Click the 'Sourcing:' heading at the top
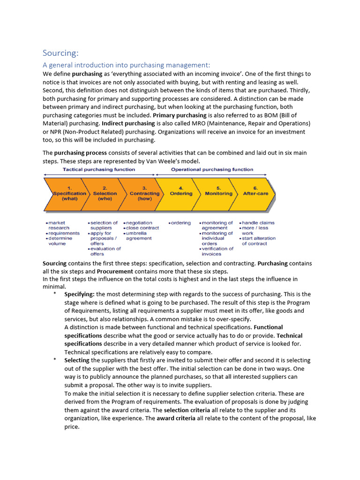(61, 52)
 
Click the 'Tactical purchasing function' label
(99, 170)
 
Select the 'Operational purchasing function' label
(212, 170)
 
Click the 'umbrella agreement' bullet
(138, 236)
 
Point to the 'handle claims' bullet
(258, 223)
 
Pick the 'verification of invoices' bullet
(217, 251)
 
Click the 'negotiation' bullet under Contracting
(139, 223)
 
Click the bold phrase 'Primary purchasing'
(180, 115)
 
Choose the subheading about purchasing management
(127, 65)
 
